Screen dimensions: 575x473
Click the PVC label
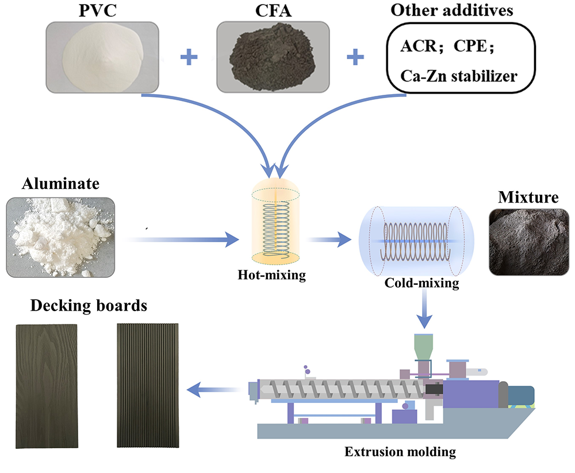click(98, 10)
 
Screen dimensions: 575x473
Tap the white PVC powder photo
click(102, 57)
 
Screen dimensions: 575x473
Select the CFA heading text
click(273, 10)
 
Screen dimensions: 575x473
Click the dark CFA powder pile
click(273, 57)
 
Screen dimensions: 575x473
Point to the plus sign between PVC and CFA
click(189, 57)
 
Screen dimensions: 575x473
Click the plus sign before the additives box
click(355, 57)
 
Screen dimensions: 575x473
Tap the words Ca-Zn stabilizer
click(458, 76)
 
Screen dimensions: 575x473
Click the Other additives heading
click(452, 10)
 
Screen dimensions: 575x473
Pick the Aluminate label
click(60, 184)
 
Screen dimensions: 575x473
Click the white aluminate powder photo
click(60, 237)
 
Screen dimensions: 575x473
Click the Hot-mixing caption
click(272, 275)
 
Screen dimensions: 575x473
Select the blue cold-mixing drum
click(416, 241)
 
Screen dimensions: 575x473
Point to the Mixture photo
click(529, 242)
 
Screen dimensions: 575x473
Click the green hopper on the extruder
click(424, 347)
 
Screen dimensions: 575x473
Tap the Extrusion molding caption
click(400, 452)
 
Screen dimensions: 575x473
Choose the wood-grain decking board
click(47, 386)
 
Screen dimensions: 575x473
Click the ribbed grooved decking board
click(148, 385)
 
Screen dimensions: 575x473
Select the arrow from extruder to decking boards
click(214, 390)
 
